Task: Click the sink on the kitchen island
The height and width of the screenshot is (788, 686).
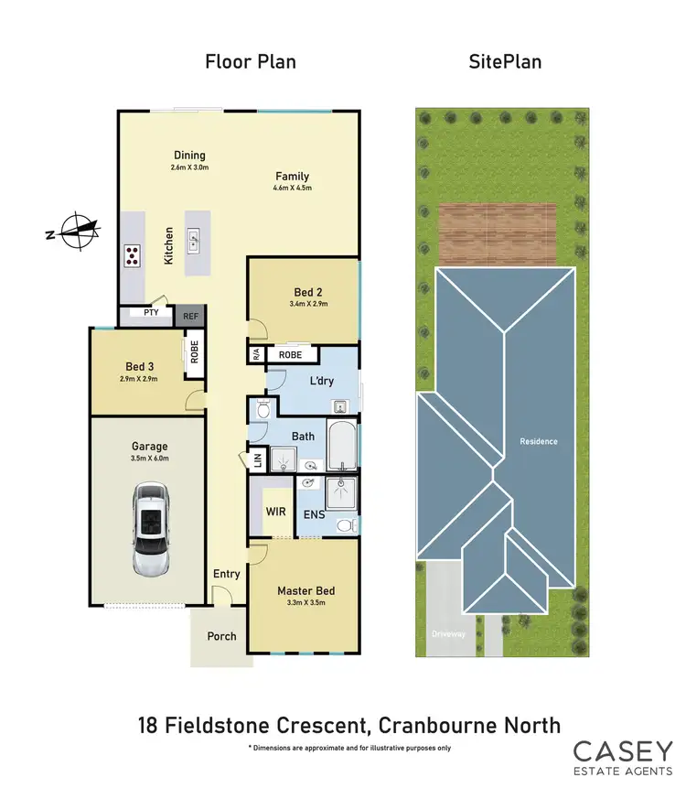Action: click(194, 243)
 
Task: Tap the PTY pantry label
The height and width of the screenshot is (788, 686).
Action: click(152, 313)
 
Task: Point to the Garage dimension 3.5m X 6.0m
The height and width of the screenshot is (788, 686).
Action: click(149, 459)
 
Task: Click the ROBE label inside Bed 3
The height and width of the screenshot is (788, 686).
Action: click(195, 351)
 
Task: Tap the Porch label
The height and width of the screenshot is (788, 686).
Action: click(221, 636)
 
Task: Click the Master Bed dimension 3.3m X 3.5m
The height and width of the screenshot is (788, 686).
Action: click(302, 602)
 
